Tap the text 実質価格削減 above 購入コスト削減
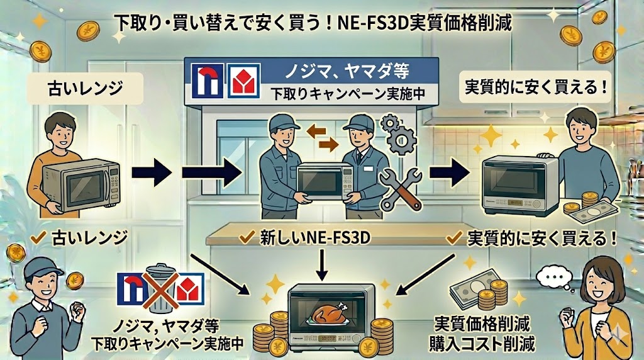click(x=482, y=327)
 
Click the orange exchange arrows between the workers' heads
click(x=319, y=137)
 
